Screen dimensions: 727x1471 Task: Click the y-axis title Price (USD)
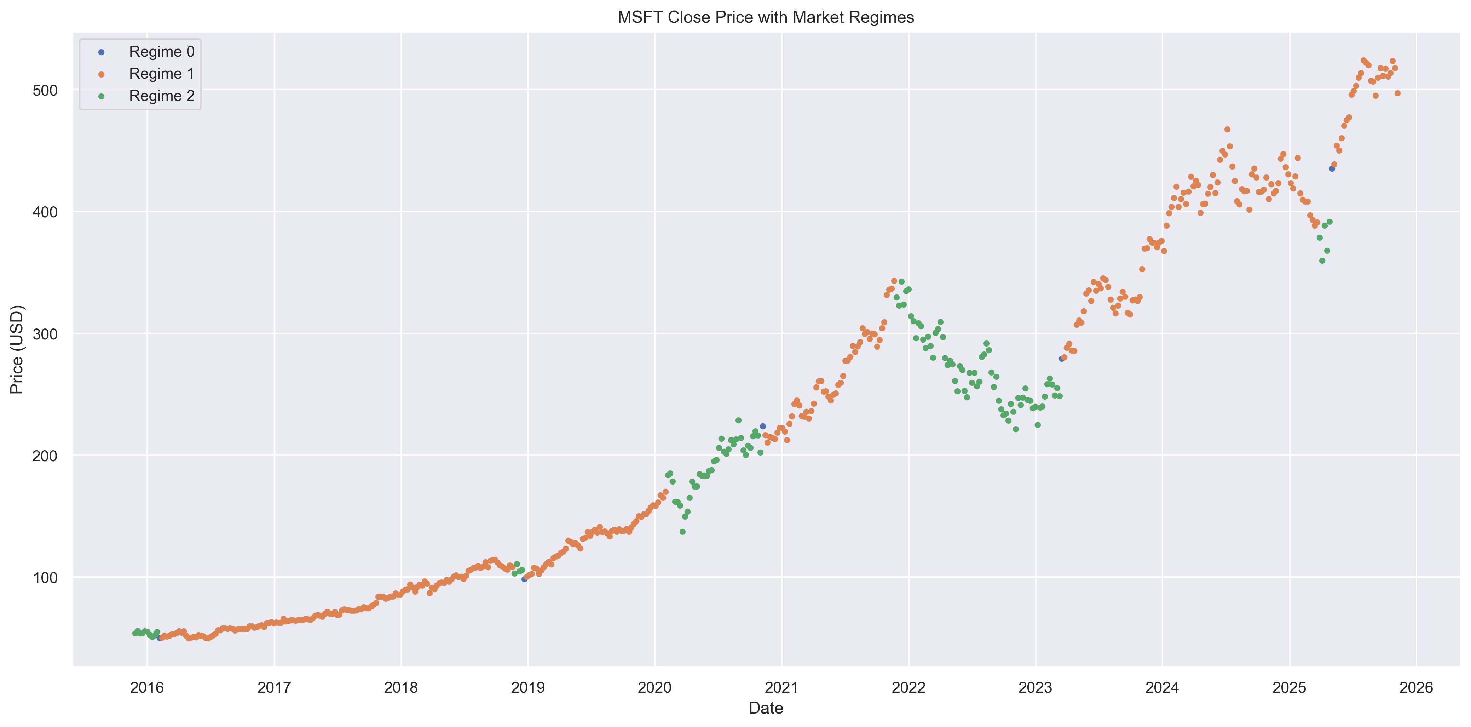coord(17,349)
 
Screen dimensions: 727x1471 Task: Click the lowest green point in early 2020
coord(682,532)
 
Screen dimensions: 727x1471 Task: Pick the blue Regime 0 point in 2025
coord(1332,168)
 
